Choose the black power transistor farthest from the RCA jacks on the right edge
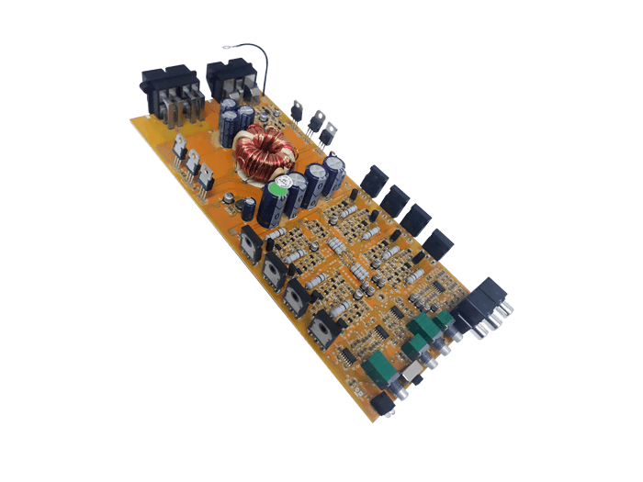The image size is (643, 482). (374, 180)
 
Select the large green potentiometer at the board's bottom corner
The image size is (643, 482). (377, 368)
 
